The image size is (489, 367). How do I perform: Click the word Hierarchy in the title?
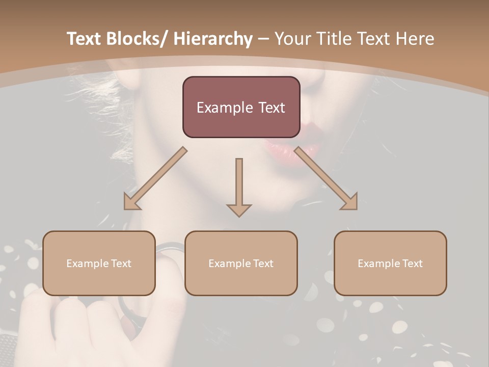213,39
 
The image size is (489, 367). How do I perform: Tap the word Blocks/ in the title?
137,39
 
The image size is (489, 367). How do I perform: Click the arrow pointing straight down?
239,183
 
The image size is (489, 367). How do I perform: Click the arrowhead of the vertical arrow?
239,209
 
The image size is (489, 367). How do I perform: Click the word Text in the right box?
412,264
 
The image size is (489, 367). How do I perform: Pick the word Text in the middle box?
263,264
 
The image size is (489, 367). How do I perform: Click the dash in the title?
263,39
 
